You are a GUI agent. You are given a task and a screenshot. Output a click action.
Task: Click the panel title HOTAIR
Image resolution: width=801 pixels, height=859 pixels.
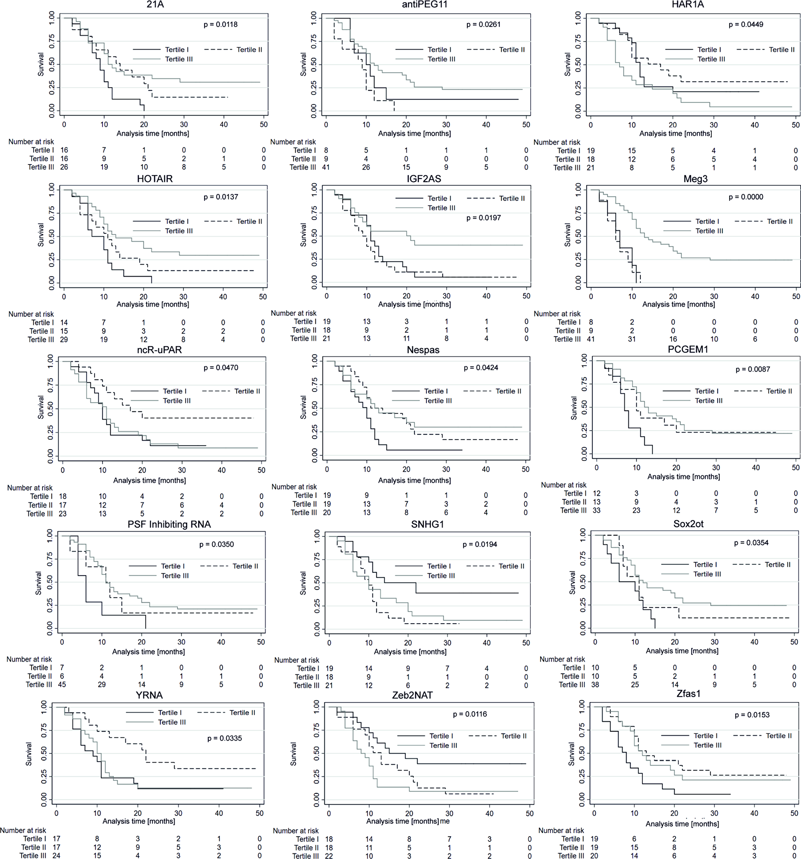tap(155, 179)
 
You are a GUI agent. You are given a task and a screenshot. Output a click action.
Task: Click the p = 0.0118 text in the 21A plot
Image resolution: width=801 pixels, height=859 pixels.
tap(220, 25)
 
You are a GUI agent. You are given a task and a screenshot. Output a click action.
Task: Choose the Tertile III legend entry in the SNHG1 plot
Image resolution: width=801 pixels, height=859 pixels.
tap(441, 576)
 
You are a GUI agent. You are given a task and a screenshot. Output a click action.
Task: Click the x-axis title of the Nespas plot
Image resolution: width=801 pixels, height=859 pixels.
tap(414, 480)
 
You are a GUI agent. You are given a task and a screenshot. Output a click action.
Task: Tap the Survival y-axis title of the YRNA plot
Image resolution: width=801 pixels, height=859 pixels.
tap(29, 754)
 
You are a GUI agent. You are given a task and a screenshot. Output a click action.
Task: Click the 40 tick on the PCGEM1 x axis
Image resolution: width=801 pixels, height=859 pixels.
tap(756, 468)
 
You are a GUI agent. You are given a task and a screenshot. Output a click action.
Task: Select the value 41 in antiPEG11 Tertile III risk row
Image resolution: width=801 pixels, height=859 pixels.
tap(326, 167)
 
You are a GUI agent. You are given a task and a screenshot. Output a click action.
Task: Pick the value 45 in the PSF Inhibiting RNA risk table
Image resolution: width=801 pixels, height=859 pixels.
tap(62, 684)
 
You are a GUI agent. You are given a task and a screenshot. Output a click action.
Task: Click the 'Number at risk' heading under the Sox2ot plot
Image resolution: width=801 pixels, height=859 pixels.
tap(562, 659)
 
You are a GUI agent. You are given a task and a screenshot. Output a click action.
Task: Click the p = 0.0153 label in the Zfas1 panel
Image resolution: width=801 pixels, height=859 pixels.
tap(752, 715)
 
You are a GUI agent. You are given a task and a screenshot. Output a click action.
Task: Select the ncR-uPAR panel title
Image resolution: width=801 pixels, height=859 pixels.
tap(159, 350)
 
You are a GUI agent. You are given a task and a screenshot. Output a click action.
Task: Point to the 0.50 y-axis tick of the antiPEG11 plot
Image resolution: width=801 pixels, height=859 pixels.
tap(314, 64)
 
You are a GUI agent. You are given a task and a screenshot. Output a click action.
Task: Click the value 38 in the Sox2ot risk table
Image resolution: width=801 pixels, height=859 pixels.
tap(595, 684)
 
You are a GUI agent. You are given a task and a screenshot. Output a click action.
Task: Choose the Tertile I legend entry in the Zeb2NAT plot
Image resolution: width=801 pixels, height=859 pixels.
tap(441, 736)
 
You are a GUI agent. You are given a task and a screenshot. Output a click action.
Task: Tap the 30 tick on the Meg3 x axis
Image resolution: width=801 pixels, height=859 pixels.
tap(714, 297)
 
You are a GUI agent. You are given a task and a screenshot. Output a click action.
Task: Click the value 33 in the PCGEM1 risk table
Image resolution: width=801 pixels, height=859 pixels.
tap(596, 510)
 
